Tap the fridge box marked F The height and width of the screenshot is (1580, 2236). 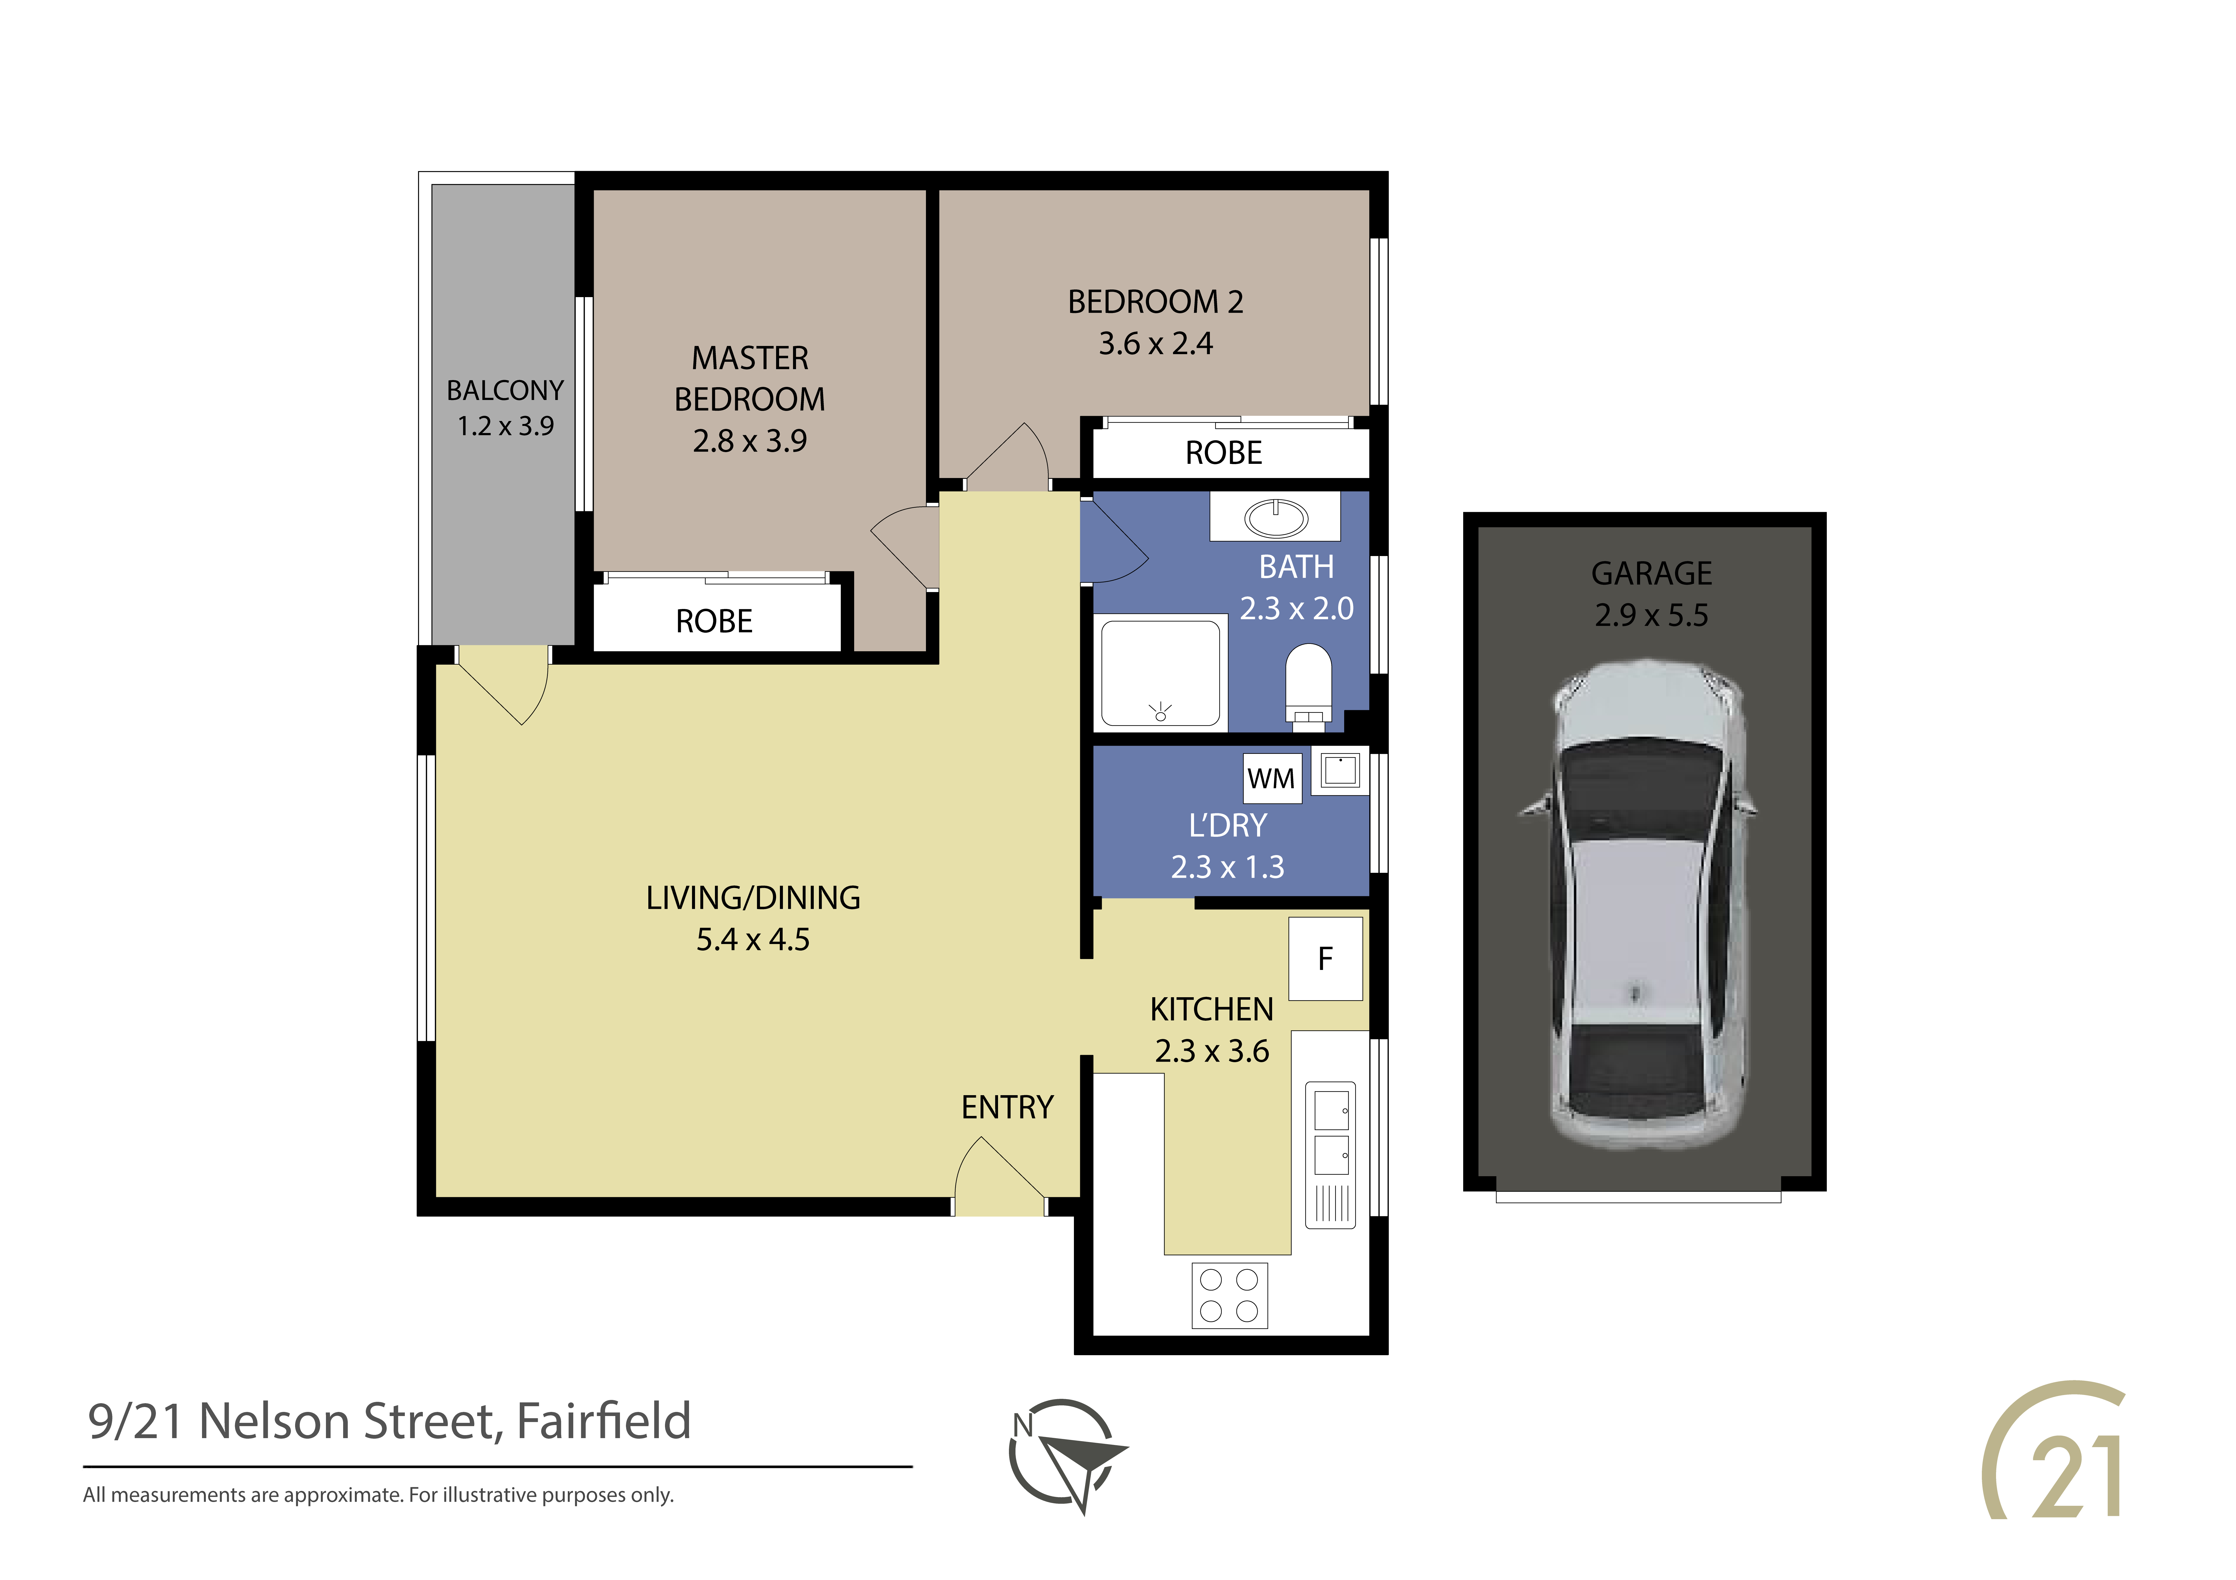click(1325, 959)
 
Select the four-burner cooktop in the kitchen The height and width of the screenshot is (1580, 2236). click(1229, 1295)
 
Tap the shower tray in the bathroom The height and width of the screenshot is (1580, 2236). click(1160, 673)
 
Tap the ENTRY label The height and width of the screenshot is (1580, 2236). click(1007, 1108)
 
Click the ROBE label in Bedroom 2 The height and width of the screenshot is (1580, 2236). click(1223, 453)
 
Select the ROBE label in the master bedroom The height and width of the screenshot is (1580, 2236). click(714, 621)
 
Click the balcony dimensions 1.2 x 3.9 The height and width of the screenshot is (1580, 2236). click(506, 426)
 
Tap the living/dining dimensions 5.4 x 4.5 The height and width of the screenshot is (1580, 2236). click(753, 939)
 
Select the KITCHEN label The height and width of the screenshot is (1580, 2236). click(1211, 1009)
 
